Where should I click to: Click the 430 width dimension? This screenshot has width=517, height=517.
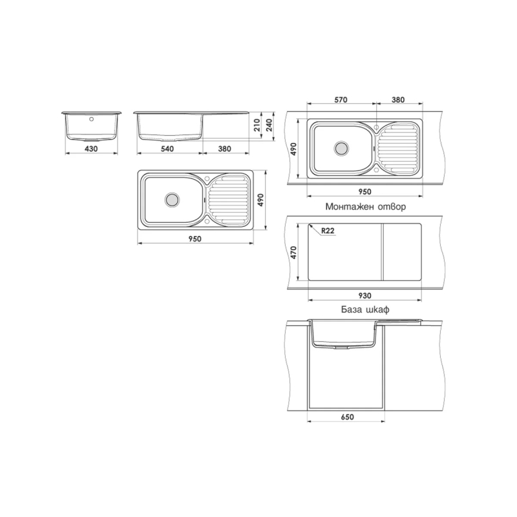tap(91, 149)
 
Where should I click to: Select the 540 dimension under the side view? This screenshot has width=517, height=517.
tap(167, 149)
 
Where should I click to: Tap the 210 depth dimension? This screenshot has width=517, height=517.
tap(257, 125)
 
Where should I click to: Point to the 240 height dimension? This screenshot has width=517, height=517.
tap(269, 125)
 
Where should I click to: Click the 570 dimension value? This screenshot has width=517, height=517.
tap(341, 100)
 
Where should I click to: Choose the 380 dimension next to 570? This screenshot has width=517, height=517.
tap(398, 100)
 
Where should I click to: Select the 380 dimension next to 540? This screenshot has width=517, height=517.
tap(224, 149)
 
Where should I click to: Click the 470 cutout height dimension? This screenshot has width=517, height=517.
tap(293, 253)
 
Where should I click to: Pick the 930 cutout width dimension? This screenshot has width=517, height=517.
tap(364, 296)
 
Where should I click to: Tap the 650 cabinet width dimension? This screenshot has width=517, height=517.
tap(347, 417)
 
